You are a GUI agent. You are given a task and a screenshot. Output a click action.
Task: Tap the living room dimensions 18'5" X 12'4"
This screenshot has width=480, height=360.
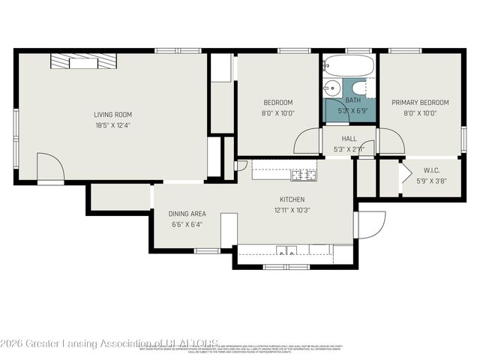(x=112, y=126)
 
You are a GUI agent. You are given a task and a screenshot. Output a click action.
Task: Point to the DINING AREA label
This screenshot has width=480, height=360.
(x=187, y=214)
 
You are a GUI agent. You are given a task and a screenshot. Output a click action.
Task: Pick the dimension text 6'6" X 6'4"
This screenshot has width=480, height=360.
(x=187, y=224)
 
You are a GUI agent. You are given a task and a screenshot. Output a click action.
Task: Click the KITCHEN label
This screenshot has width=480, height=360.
(x=292, y=199)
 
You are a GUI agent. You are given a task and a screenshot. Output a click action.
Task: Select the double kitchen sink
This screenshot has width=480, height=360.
(x=286, y=250)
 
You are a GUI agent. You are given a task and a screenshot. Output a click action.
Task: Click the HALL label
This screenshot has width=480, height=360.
(x=349, y=139)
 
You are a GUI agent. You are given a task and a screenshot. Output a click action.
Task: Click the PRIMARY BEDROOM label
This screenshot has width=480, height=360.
(x=420, y=103)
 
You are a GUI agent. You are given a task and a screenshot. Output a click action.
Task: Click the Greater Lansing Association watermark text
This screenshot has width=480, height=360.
(x=109, y=343)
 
